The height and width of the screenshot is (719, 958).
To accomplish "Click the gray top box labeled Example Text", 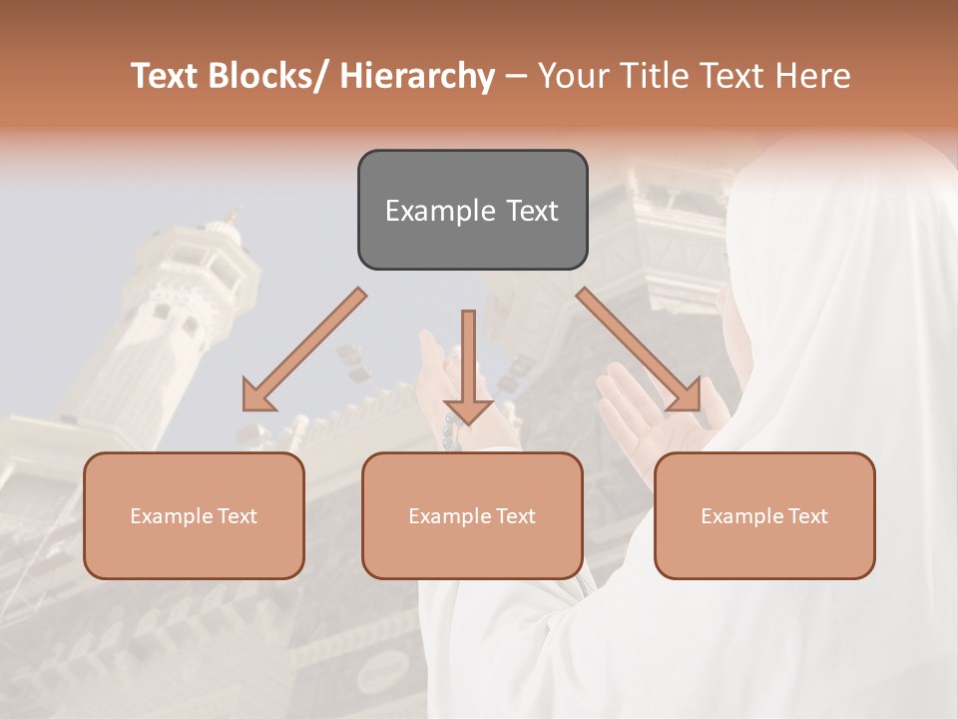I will pos(472,210).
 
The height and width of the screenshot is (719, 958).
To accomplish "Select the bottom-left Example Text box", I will pos(194,515).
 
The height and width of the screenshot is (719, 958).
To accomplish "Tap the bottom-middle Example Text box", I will pos(472,515).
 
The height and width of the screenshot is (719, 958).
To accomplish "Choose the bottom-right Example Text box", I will pos(764,515).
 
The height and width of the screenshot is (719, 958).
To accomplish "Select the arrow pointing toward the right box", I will pos(639,350).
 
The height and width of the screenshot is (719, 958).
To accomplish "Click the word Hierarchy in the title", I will pos(417,76).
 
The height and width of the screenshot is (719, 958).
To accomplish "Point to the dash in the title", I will pos(516,76).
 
